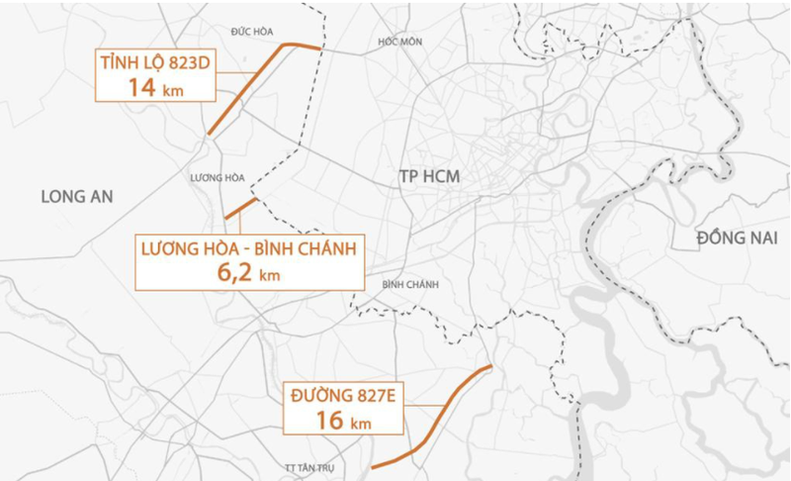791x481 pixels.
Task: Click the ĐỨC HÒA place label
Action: [251, 32]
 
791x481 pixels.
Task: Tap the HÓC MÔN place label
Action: [399, 42]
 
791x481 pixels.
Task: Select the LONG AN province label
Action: [77, 196]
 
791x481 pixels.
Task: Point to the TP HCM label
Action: [430, 175]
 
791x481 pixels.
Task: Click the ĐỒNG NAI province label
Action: [733, 238]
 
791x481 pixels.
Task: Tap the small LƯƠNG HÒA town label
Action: [215, 177]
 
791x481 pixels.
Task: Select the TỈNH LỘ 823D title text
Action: [155, 64]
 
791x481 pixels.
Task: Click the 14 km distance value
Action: [155, 87]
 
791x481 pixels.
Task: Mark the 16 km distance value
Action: [342, 420]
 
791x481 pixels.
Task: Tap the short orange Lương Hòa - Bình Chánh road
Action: [241, 208]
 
